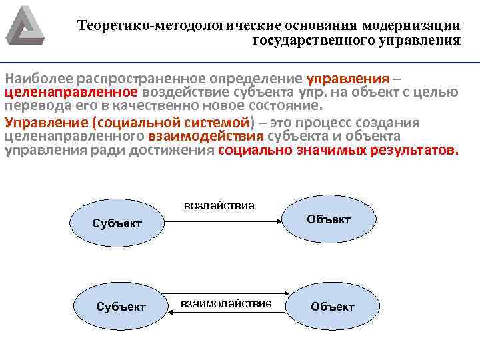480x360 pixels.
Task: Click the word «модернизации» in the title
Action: [412, 26]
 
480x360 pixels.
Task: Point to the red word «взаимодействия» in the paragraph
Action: [206, 137]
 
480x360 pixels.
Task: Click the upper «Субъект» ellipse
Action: [117, 223]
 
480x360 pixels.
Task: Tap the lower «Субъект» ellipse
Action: [121, 307]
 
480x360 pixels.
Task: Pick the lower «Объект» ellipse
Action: [333, 307]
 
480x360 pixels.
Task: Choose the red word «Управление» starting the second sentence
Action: [47, 123]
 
